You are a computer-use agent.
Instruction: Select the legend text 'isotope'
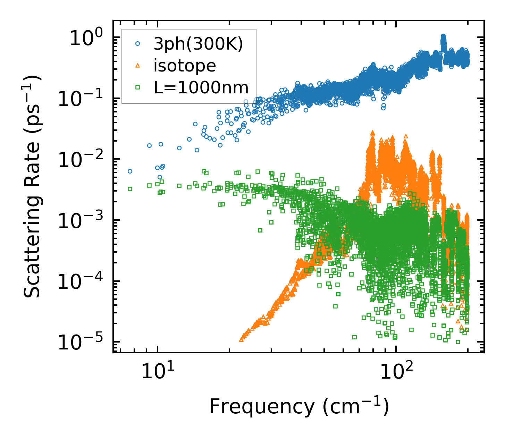[185, 66]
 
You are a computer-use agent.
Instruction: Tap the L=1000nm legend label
[201, 87]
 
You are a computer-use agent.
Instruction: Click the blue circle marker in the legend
[137, 44]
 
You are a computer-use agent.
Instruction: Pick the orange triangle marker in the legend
[137, 65]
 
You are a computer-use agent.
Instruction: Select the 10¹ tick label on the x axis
[157, 372]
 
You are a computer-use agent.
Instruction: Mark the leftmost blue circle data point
[130, 171]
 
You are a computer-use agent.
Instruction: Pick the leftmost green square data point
[130, 189]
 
